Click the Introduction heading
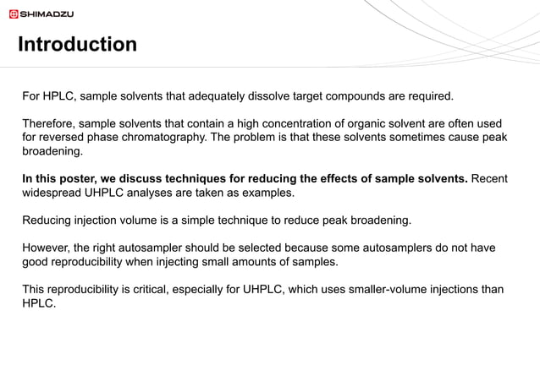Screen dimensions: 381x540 77,44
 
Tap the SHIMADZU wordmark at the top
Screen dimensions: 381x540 47,14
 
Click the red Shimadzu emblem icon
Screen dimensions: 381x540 13,14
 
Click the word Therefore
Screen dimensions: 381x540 51,123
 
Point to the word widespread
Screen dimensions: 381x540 53,193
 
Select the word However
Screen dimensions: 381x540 48,248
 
